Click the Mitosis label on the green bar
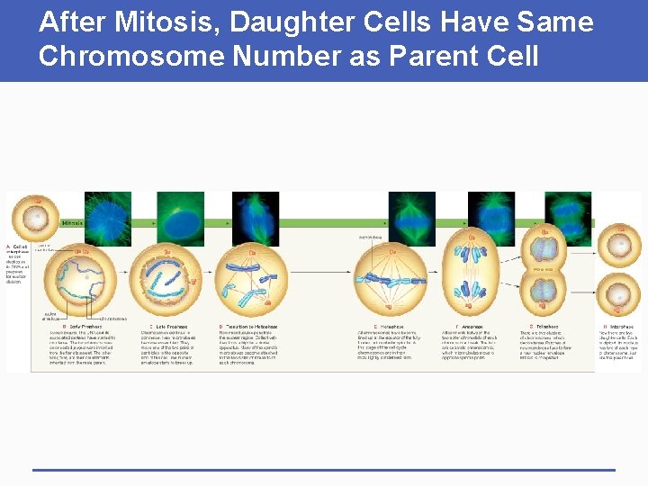72,223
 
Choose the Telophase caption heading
545,327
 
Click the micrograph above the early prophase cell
107,218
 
